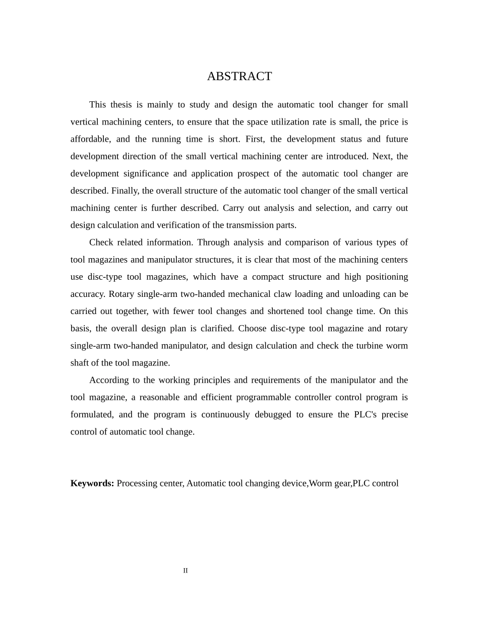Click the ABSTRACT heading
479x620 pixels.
[x=239, y=76]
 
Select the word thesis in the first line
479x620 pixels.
[x=122, y=105]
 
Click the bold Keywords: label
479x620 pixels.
[x=92, y=483]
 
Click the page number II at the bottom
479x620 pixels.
[x=186, y=571]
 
